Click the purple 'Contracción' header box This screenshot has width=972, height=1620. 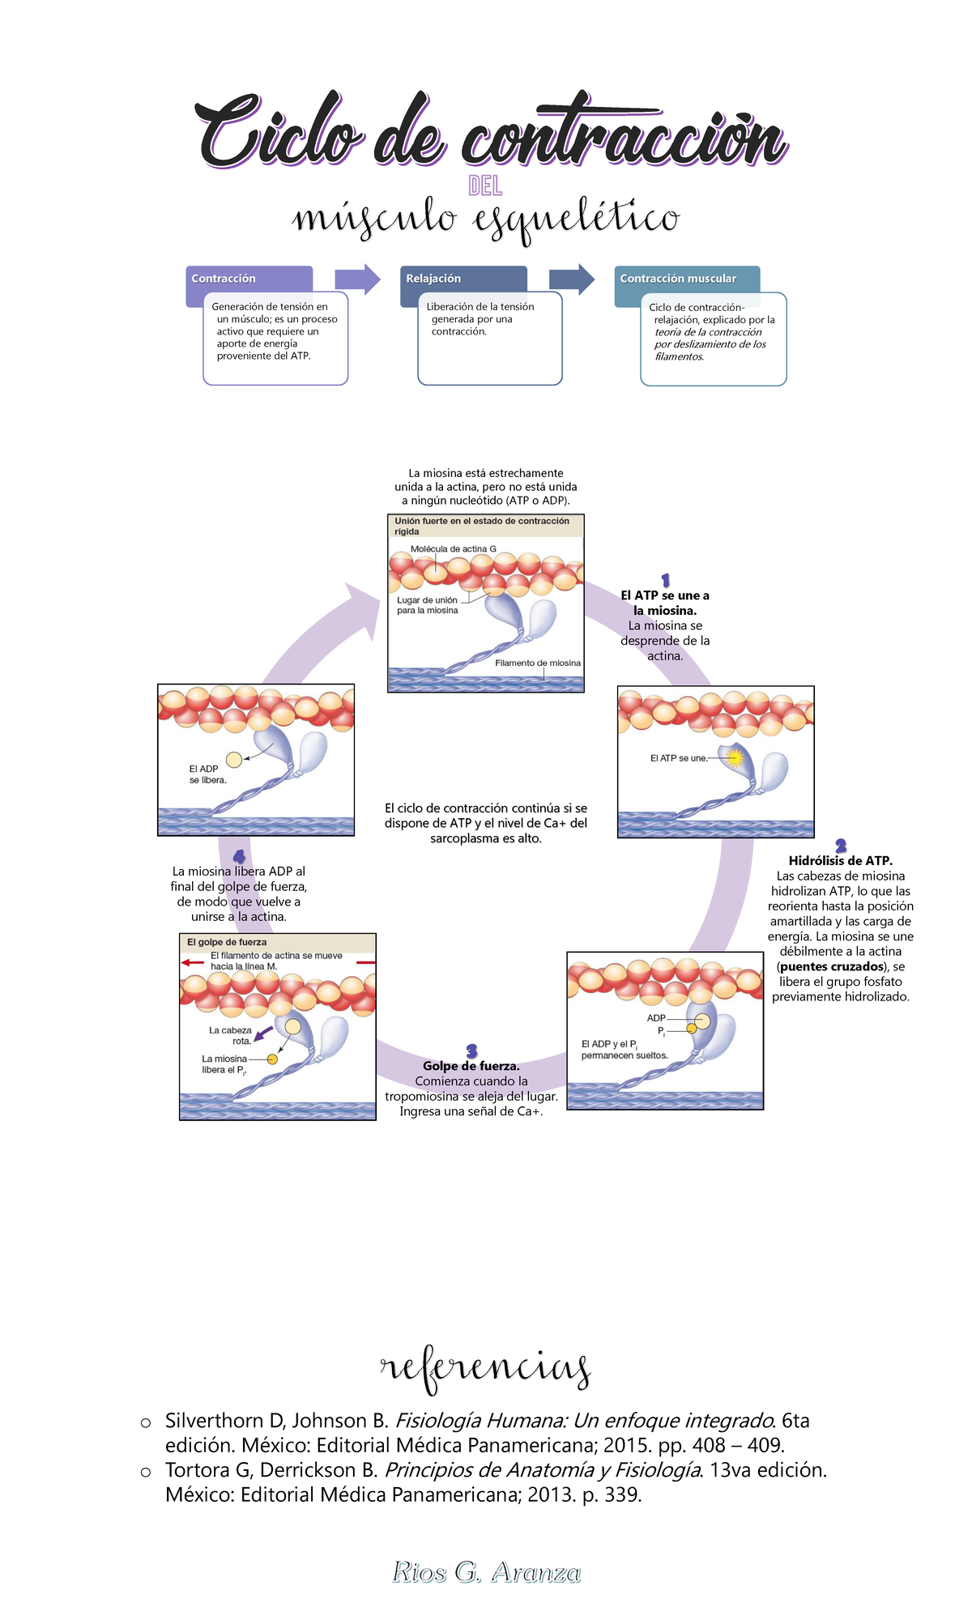click(249, 279)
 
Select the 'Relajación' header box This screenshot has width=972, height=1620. click(463, 279)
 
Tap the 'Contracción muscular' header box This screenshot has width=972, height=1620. click(687, 279)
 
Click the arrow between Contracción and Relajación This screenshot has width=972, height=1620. click(357, 279)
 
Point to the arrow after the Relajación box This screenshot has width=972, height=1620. click(572, 279)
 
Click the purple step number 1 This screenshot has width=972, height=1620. click(665, 580)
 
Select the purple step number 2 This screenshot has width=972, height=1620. click(841, 846)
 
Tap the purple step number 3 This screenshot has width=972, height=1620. click(471, 1051)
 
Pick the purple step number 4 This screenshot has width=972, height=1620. click(239, 856)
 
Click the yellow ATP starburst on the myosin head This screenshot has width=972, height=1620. click(735, 758)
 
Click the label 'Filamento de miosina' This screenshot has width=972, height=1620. click(538, 663)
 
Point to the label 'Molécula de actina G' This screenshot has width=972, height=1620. click(453, 549)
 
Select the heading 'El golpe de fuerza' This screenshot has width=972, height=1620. click(227, 942)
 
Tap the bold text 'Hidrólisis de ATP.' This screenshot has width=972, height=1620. click(841, 861)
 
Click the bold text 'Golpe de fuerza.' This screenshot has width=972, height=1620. click(471, 1066)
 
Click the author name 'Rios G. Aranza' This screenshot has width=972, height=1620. click(486, 1572)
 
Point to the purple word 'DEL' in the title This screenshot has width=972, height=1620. click(485, 187)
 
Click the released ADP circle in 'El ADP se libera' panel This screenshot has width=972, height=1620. click(234, 760)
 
